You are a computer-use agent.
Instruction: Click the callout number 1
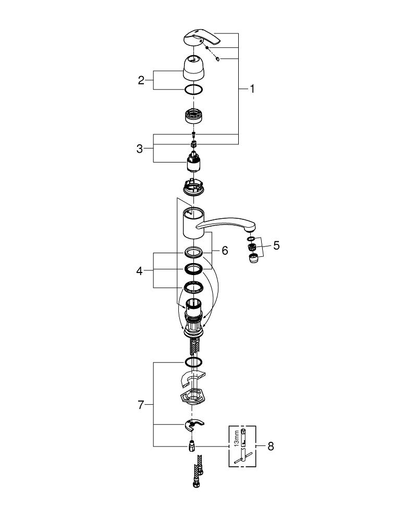(x=252, y=89)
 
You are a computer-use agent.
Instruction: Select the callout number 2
(x=141, y=80)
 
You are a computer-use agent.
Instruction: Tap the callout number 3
(x=140, y=148)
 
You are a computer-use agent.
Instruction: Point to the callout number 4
(x=139, y=271)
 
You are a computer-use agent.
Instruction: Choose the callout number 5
(x=276, y=245)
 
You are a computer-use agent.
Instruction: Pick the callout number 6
(x=225, y=251)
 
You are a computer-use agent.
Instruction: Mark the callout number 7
(x=141, y=405)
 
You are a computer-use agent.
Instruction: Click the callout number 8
(x=271, y=446)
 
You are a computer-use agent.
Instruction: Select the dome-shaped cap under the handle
(x=193, y=68)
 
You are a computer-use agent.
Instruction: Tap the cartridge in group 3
(x=193, y=162)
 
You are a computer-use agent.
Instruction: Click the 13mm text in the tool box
(x=237, y=439)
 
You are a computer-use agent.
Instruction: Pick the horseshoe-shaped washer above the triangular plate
(x=193, y=379)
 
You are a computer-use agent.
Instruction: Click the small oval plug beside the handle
(x=217, y=59)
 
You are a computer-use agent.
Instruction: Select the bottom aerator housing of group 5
(x=254, y=258)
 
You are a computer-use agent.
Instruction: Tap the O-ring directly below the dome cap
(x=193, y=90)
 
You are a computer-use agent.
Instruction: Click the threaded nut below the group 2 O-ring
(x=193, y=116)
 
